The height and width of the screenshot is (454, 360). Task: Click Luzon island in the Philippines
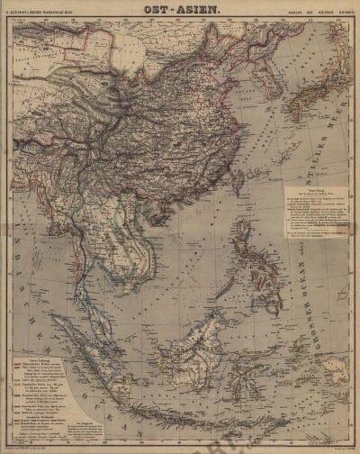pyautogui.click(x=243, y=243)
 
